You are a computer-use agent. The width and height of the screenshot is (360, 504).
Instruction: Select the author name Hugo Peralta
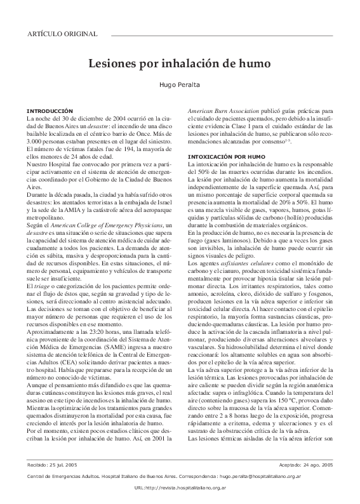(x=180, y=85)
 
